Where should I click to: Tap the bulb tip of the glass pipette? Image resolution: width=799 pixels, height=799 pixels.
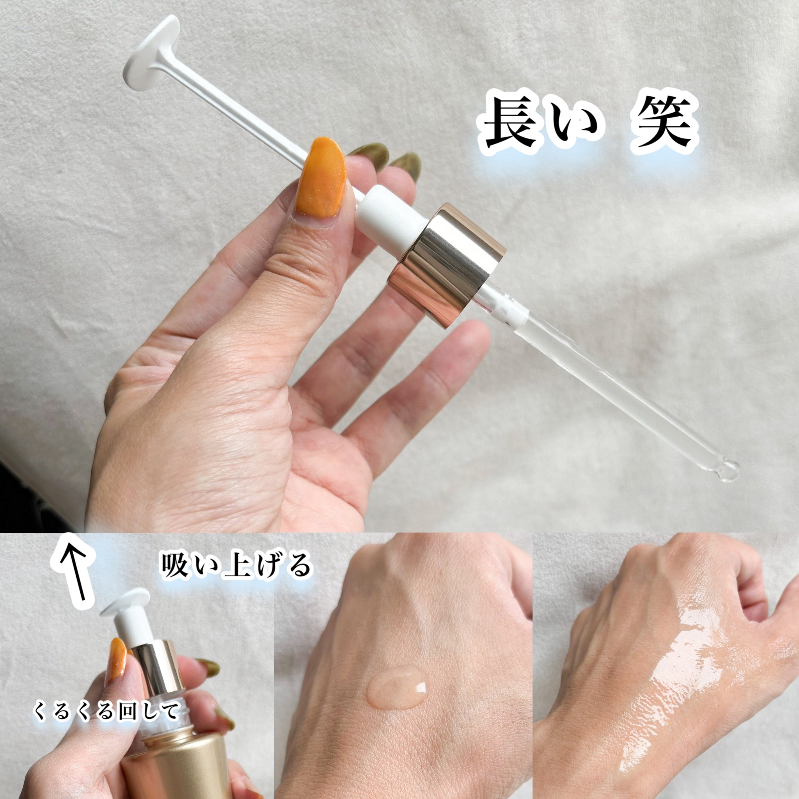click(728, 471)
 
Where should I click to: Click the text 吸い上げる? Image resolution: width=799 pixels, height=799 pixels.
click(235, 565)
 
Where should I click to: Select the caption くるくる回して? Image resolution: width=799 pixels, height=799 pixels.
click(106, 711)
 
